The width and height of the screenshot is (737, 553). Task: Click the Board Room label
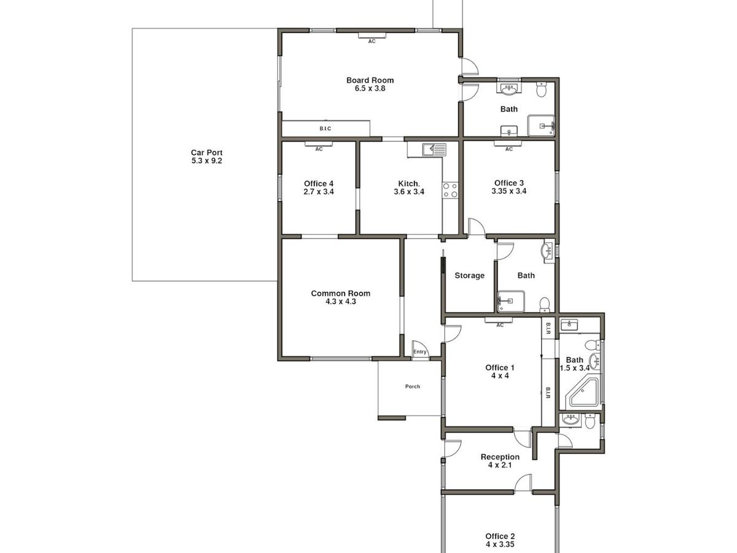(370, 80)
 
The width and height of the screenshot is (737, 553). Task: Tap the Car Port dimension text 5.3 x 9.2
(207, 160)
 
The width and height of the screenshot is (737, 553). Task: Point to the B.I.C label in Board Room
(326, 128)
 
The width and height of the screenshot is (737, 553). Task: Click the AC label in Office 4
(319, 149)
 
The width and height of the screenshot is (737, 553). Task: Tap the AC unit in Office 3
(508, 144)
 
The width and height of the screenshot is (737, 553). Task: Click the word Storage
(469, 275)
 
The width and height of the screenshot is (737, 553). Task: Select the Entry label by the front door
(419, 351)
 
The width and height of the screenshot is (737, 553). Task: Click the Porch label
(412, 386)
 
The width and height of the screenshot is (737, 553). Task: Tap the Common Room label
(340, 294)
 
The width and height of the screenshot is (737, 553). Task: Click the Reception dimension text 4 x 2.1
(500, 465)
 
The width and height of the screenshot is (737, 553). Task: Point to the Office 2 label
(500, 536)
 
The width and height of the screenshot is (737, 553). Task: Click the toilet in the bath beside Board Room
(541, 88)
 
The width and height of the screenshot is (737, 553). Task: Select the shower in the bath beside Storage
(511, 301)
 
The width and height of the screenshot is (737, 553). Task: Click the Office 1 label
(499, 367)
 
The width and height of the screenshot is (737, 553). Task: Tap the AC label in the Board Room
(372, 41)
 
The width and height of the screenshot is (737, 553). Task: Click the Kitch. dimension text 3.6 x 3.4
(409, 192)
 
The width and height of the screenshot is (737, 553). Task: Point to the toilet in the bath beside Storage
(544, 305)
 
